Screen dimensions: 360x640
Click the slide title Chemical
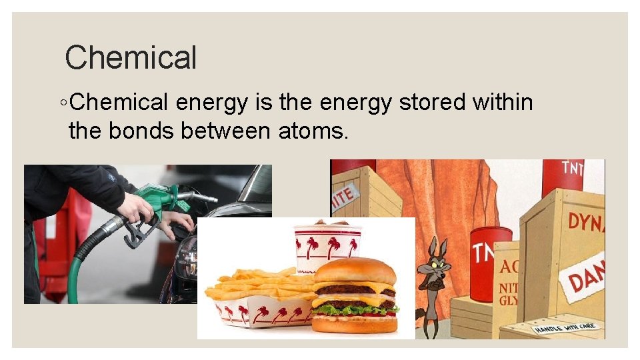(x=131, y=57)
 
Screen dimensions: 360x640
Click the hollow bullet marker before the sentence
(x=62, y=103)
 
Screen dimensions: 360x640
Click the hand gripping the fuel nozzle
(x=137, y=208)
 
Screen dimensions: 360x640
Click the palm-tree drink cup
(x=327, y=247)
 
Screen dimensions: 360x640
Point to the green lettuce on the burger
(x=353, y=309)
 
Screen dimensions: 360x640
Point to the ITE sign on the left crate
(x=343, y=195)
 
